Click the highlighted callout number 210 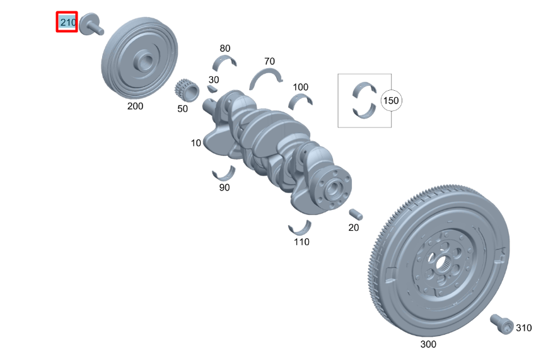click(x=67, y=23)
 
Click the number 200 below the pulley click(x=135, y=106)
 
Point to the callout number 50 click(x=182, y=108)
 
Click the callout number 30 click(x=214, y=79)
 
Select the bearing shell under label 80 click(x=225, y=62)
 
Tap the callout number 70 click(x=269, y=61)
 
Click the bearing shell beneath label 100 click(x=301, y=100)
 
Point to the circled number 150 click(x=392, y=100)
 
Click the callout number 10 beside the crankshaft click(x=196, y=143)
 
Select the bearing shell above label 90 click(x=223, y=173)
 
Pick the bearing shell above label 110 click(x=300, y=227)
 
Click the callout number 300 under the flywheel click(x=428, y=344)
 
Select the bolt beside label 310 click(x=501, y=323)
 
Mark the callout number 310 click(x=523, y=328)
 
